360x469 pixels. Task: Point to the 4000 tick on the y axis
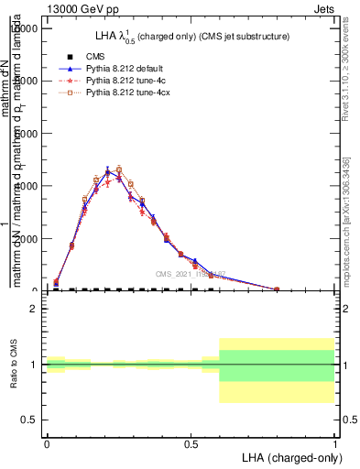[26, 186]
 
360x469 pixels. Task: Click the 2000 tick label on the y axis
[26, 238]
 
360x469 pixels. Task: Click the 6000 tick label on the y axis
[26, 134]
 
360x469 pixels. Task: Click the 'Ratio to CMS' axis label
[14, 365]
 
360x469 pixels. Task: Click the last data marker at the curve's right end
[277, 289]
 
